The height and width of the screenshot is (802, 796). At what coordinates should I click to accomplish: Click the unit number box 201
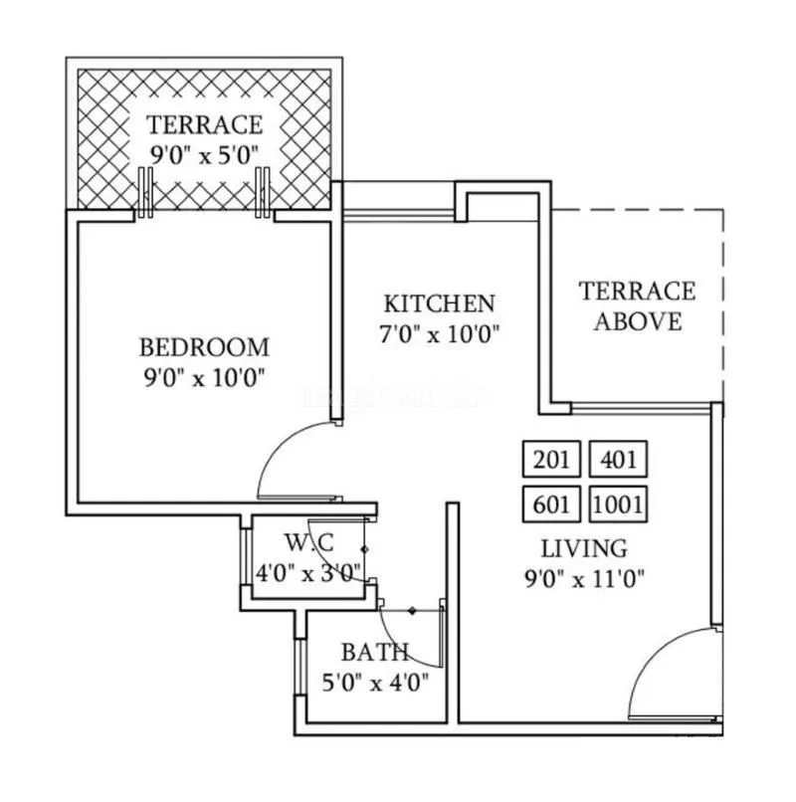[550, 461]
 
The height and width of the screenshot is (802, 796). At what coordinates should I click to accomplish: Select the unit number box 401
[618, 461]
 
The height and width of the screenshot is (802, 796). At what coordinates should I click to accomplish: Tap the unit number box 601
[550, 504]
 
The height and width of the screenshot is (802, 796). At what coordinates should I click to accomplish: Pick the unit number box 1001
[618, 504]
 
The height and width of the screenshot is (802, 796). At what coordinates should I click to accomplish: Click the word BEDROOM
[204, 347]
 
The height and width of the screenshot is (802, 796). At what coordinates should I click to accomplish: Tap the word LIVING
[584, 547]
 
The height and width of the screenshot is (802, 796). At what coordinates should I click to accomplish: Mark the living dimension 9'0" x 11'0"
[584, 578]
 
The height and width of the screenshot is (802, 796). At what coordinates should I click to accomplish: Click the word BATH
[374, 653]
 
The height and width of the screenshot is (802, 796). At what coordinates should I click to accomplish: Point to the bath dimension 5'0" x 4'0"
[374, 683]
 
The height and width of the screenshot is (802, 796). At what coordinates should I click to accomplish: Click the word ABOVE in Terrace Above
[638, 321]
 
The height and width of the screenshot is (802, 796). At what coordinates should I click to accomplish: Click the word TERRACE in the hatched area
[205, 124]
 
